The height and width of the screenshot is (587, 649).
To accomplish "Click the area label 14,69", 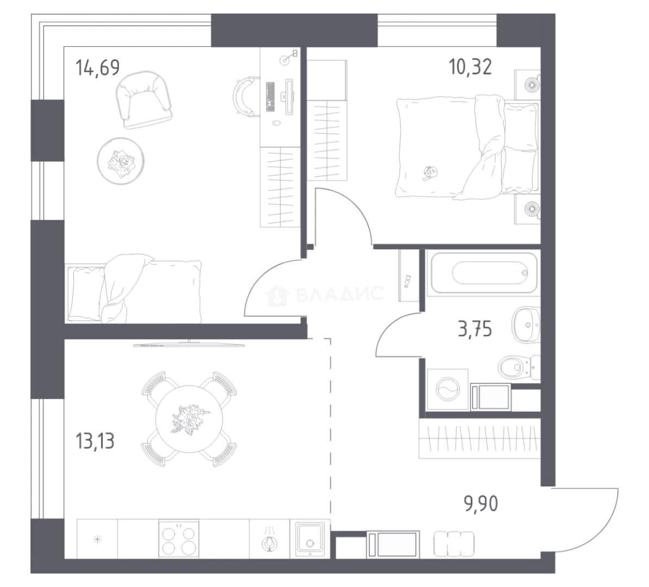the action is pos(98,68).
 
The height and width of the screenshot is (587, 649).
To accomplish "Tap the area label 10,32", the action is pos(471,67).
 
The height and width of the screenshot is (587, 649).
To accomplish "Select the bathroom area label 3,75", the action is pos(475,329).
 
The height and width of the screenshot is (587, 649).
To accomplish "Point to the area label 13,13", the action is pos(95,441).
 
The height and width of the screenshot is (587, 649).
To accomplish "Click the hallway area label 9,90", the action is pos(481,504).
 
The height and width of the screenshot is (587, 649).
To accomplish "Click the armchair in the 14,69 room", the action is pos(143,99).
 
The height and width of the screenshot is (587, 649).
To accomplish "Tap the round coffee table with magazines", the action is pos(121,161).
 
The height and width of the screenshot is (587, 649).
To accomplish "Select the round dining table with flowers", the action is pos(189,419).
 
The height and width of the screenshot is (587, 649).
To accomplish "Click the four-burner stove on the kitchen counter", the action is pos(179,538).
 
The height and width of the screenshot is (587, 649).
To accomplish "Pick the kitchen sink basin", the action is pos(310,539).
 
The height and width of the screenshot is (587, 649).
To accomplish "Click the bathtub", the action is pos(484,273).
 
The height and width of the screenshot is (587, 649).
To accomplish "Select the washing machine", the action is pos(447,390).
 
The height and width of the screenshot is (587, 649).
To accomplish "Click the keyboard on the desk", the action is pos(271,96).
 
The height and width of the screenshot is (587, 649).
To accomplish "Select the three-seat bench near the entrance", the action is pos(454,544).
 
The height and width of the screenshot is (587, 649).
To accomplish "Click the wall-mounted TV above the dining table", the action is pos(189,344).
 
